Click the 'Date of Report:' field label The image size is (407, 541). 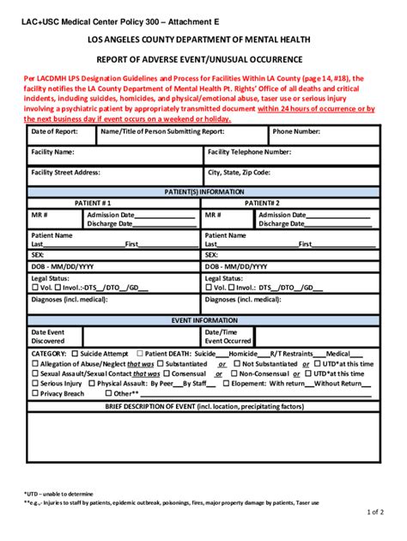[x=54, y=131]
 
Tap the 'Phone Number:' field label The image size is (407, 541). [x=296, y=131]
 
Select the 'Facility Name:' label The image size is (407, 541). [x=53, y=152]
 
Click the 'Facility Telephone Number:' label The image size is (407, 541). [x=249, y=152]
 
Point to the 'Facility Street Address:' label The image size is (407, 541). [x=66, y=173]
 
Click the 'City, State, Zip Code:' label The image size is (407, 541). [x=239, y=173]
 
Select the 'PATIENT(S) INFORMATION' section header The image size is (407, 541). [x=203, y=191]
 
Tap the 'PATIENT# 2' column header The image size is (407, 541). [x=262, y=204]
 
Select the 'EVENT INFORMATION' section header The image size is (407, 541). [x=203, y=319]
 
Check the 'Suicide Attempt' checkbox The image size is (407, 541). [x=76, y=353]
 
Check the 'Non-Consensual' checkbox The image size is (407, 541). [x=234, y=374]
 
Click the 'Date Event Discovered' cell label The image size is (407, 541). [x=48, y=336]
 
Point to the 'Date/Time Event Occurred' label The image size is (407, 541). [x=228, y=336]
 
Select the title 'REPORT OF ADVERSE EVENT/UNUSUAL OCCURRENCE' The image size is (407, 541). [x=203, y=59]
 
